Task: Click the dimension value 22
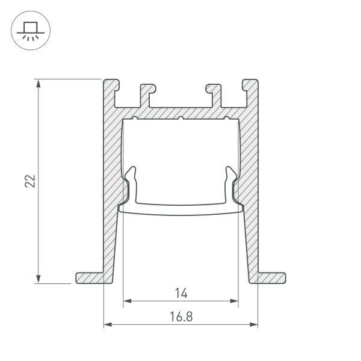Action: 31,180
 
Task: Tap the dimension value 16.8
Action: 181,315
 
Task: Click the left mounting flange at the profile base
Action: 90,277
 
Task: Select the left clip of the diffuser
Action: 132,180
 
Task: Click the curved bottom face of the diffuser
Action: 180,210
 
